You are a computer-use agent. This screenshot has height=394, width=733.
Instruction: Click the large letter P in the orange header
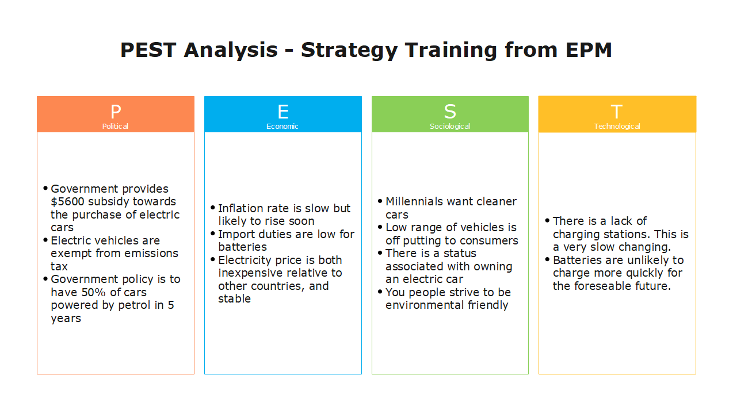coord(116,112)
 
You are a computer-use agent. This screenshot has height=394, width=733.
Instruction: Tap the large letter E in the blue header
coord(283,112)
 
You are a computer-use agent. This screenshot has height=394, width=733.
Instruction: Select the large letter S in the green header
coord(450,112)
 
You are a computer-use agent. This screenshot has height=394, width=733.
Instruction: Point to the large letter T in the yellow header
coord(617,112)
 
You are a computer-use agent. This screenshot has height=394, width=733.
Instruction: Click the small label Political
coord(116,127)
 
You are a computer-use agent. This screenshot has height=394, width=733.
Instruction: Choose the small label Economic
coord(282,127)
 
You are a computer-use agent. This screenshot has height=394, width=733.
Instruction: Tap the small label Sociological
coord(450,127)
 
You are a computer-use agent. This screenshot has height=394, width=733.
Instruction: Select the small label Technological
coord(617,127)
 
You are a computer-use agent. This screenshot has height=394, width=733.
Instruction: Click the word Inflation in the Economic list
coord(241,208)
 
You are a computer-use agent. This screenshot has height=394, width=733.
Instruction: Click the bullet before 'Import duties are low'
coord(213,233)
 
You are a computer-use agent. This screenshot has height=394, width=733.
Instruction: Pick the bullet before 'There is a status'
coord(380,253)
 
